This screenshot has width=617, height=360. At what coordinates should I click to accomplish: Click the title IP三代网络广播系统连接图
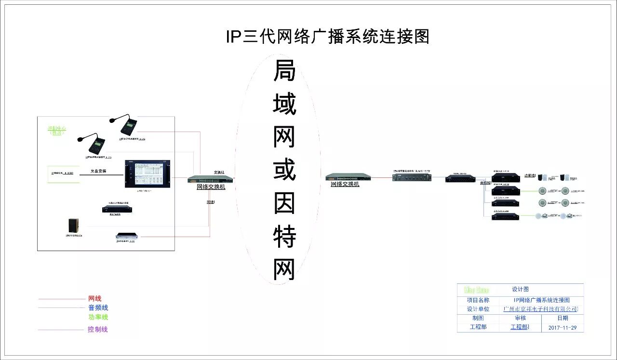click(328, 37)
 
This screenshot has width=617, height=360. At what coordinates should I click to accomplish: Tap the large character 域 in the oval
click(284, 105)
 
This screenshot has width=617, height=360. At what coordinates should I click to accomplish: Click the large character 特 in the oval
click(284, 237)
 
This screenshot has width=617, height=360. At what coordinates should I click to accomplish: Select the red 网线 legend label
click(95, 299)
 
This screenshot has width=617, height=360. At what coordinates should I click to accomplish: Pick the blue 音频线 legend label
click(98, 307)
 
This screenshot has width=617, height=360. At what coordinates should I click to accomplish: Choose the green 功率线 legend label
click(98, 317)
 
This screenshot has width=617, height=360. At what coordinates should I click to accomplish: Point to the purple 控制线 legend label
click(97, 330)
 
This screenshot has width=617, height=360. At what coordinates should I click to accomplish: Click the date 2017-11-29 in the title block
click(563, 328)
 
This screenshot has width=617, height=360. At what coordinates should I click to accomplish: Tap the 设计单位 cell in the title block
click(478, 309)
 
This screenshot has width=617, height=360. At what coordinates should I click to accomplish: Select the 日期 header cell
click(563, 318)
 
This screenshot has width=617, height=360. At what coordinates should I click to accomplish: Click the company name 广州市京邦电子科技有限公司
click(540, 309)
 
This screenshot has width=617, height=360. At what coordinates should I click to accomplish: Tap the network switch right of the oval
click(348, 177)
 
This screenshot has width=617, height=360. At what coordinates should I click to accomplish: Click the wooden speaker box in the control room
click(74, 227)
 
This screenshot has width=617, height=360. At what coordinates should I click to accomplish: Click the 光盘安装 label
click(98, 171)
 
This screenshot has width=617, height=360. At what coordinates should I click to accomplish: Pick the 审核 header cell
click(520, 318)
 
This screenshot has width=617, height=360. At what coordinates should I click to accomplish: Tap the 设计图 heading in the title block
click(520, 289)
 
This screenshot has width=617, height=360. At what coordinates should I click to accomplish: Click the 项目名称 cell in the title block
click(478, 300)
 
